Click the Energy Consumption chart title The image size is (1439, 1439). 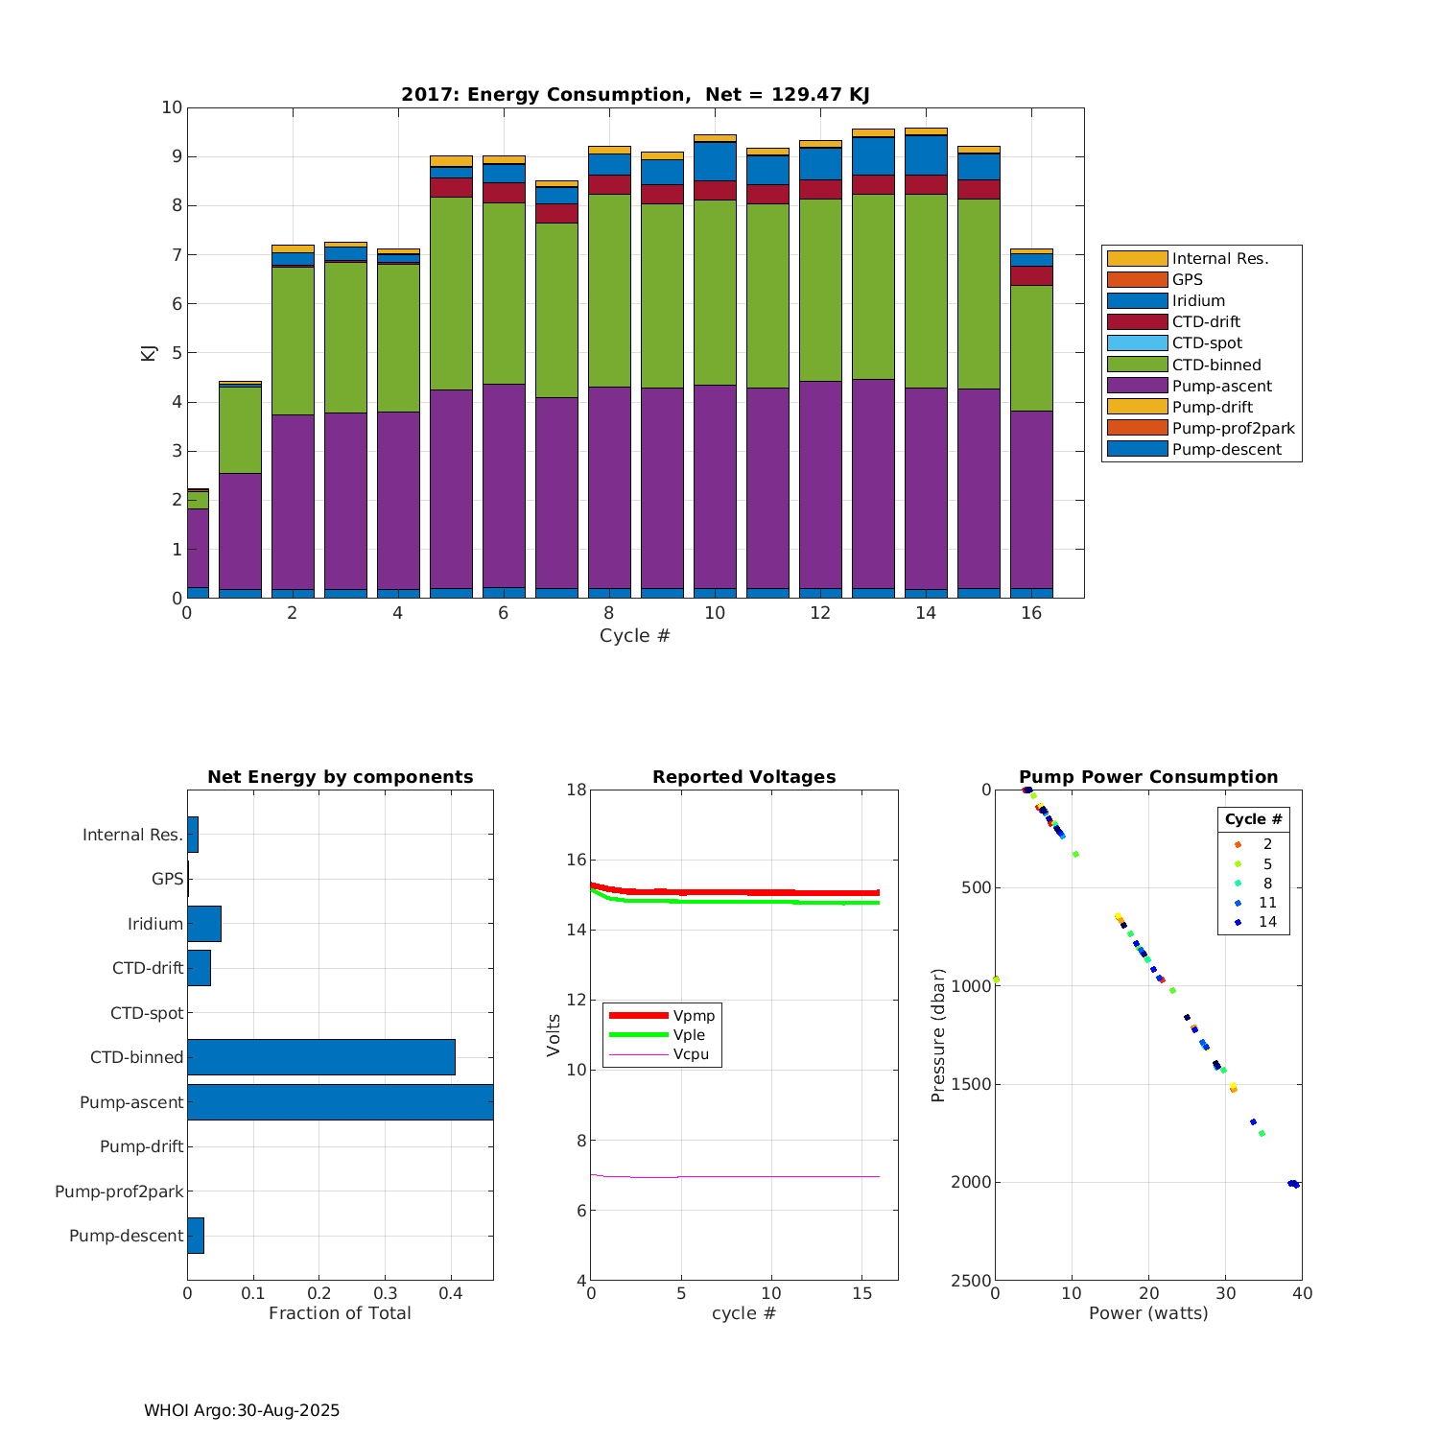(635, 94)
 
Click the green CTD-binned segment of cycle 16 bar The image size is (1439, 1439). (1031, 347)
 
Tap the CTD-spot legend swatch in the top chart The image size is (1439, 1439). (1137, 343)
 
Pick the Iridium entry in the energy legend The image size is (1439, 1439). (1198, 301)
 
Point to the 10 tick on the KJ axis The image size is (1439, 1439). (172, 107)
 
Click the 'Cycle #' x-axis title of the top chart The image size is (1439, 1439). (634, 636)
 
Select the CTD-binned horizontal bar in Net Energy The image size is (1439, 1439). (320, 1057)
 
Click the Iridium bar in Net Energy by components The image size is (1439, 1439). (204, 924)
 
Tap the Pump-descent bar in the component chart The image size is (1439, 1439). (196, 1236)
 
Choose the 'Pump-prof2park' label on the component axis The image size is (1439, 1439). (119, 1191)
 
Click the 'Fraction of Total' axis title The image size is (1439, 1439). (340, 1313)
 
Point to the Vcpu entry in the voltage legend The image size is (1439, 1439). (691, 1054)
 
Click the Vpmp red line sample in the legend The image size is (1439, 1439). (638, 1015)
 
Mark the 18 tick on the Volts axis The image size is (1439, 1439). (576, 790)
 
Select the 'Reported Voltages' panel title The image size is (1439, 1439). (743, 777)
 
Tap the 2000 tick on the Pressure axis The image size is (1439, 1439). (972, 1183)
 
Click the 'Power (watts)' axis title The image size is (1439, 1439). (1148, 1313)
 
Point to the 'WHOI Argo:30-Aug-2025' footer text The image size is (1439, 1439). (242, 1411)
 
